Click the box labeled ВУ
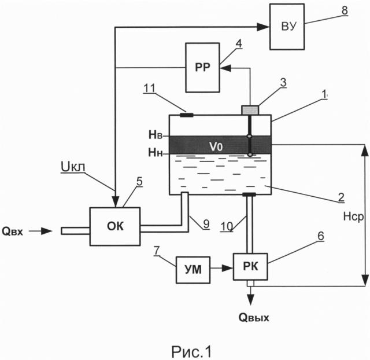[x=287, y=27]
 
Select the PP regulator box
[x=203, y=68]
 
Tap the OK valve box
[x=115, y=226]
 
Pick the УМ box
[x=193, y=270]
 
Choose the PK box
[x=250, y=267]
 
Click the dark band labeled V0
[x=220, y=145]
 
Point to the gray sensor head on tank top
[x=250, y=110]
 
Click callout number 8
[x=345, y=10]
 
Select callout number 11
[x=149, y=88]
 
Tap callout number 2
[x=341, y=197]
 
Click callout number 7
[x=157, y=251]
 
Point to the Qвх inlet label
[x=13, y=232]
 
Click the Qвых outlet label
[x=254, y=317]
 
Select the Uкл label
[x=73, y=167]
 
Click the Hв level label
[x=156, y=135]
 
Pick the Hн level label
[x=156, y=153]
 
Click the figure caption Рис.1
[x=191, y=352]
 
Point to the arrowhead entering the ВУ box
[x=263, y=27]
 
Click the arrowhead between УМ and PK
[x=227, y=268]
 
